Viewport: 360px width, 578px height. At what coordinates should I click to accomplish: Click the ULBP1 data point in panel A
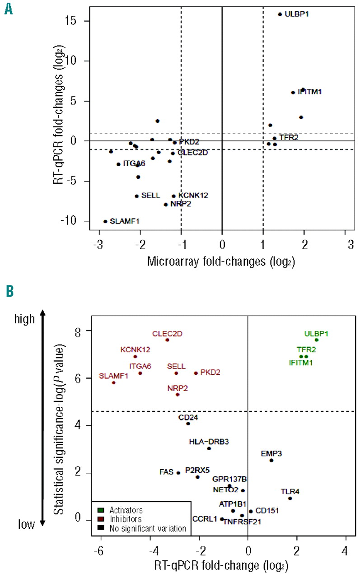click(280, 14)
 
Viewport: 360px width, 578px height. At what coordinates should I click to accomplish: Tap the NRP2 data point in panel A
click(166, 205)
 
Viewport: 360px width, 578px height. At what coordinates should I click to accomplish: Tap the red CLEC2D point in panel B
click(167, 340)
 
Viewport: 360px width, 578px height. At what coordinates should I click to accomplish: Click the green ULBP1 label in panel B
click(316, 334)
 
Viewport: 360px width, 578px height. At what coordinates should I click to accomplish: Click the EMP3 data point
click(271, 460)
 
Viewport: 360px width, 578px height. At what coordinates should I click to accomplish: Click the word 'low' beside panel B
click(27, 524)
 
